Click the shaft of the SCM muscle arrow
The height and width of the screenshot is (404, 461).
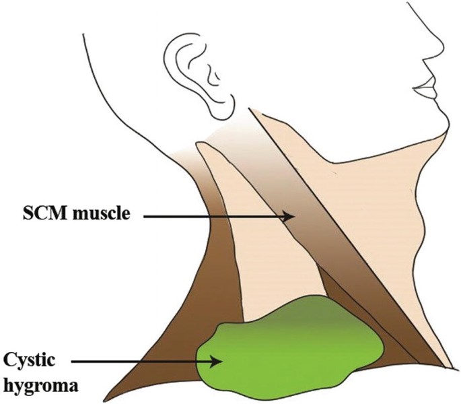point(215,216)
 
